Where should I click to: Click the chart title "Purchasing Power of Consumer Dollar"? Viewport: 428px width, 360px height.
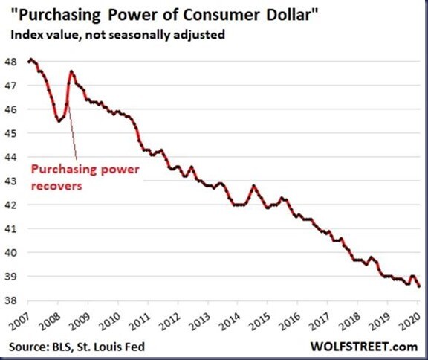(x=165, y=14)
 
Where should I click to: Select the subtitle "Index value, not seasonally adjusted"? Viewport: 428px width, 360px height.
(x=117, y=35)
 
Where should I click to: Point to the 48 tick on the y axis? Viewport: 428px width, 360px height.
(x=10, y=62)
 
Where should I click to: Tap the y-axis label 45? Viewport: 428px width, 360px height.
(x=10, y=133)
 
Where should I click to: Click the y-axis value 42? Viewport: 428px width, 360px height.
(x=10, y=205)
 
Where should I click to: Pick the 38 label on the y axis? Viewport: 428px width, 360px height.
(x=10, y=300)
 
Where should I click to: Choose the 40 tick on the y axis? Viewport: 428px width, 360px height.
(x=10, y=253)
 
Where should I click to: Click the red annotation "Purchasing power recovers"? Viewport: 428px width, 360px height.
(x=85, y=177)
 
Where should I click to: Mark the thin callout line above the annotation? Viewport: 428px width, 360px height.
(x=72, y=132)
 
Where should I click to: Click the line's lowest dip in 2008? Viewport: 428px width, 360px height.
(x=59, y=121)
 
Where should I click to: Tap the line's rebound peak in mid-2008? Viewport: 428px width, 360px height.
(x=71, y=71)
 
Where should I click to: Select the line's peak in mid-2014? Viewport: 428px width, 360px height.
(x=254, y=186)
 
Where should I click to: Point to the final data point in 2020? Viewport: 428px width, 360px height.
(x=419, y=286)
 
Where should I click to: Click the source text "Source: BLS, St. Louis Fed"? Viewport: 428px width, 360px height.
(x=77, y=347)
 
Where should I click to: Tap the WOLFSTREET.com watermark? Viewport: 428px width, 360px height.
(x=364, y=347)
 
